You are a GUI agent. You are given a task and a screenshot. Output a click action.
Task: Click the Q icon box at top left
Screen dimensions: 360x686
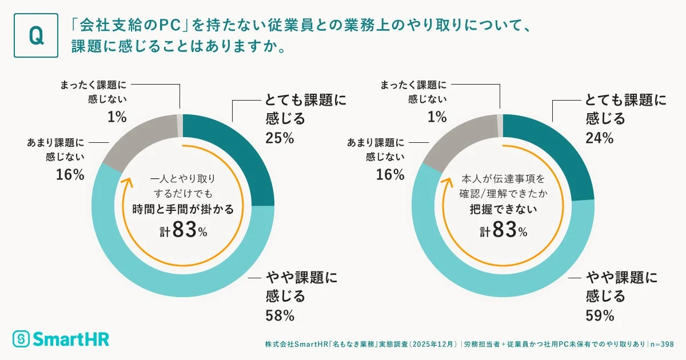click(x=35, y=35)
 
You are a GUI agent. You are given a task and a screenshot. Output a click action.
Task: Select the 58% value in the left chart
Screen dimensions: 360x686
click(x=280, y=315)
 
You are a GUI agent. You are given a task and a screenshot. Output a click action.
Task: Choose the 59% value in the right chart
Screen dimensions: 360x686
click(x=600, y=315)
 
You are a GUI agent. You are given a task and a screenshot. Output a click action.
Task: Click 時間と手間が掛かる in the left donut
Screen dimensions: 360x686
click(x=183, y=209)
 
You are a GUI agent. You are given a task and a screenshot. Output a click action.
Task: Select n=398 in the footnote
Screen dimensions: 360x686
click(x=663, y=344)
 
